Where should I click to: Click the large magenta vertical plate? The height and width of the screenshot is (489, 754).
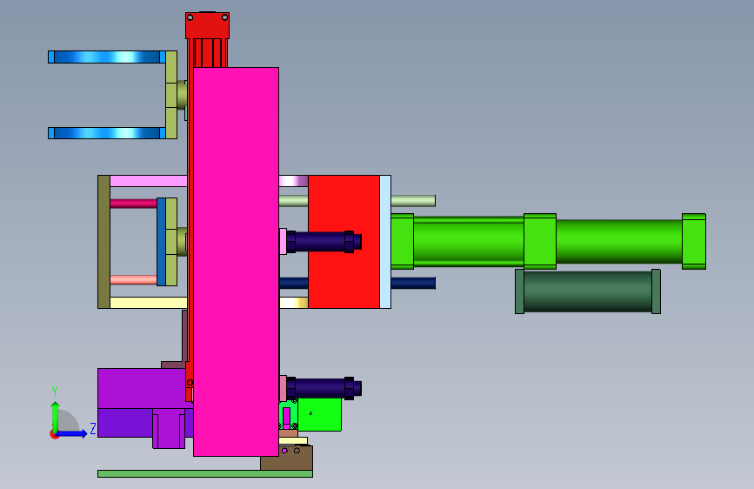click(236, 261)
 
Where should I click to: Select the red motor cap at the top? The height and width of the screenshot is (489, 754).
click(207, 25)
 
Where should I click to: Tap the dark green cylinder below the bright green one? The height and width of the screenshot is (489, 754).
click(588, 291)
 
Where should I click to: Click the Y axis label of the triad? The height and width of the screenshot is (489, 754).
click(54, 392)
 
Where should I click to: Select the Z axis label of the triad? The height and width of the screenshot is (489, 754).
click(93, 428)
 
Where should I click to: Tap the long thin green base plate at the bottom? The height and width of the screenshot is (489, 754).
click(205, 473)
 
